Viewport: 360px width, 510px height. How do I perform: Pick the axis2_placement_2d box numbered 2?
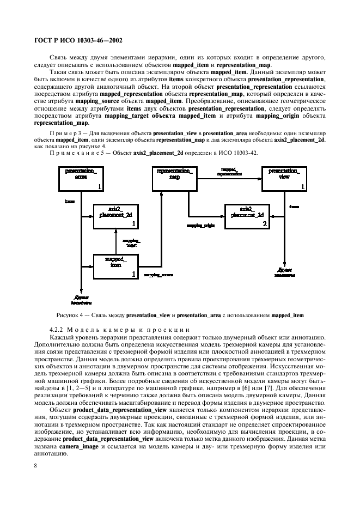(x=247, y=216)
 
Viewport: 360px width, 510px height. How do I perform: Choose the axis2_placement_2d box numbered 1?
(x=115, y=216)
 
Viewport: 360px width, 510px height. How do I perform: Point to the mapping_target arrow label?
(x=132, y=242)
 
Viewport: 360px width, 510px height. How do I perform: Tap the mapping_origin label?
(x=202, y=224)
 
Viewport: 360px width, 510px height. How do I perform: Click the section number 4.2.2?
(x=57, y=329)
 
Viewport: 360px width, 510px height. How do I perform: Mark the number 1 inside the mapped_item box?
(x=133, y=275)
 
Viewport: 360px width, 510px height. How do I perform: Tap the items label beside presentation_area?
(x=70, y=202)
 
